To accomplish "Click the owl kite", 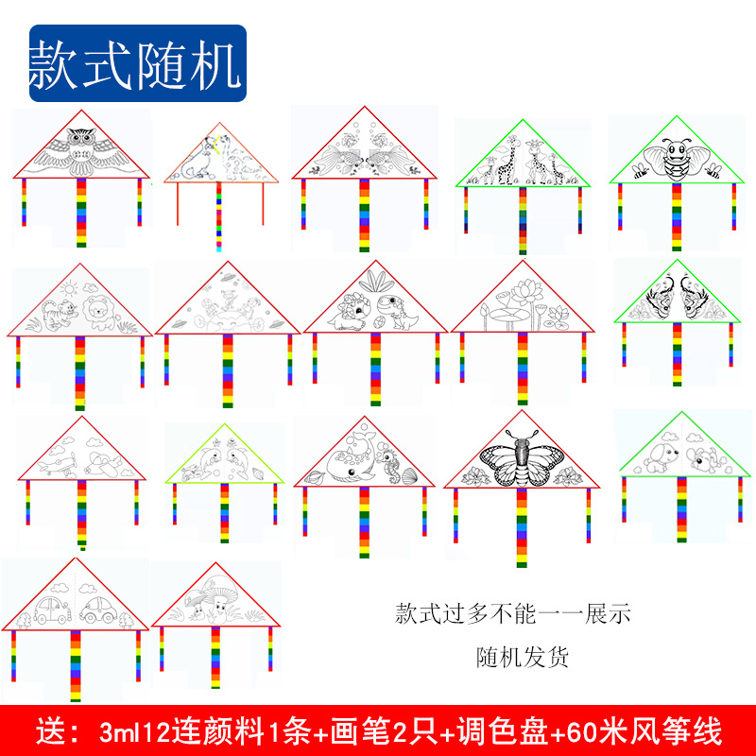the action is coord(80,151).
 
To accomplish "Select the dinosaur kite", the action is coord(375,307).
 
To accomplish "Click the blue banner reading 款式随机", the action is coord(137,63).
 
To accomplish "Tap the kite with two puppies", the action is coord(682,451).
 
